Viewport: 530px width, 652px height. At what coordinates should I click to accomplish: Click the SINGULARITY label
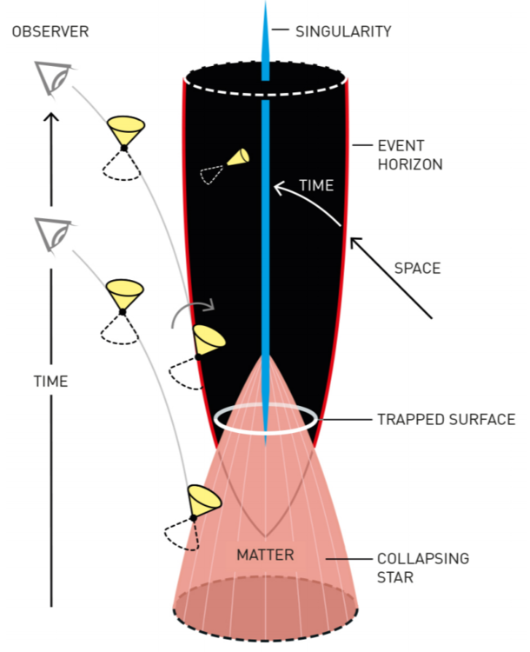[343, 31]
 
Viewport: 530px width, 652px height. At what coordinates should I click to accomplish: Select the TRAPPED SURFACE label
[446, 419]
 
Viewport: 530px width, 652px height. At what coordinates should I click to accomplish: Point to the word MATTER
[266, 555]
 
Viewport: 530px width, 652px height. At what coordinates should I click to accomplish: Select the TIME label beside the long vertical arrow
[50, 381]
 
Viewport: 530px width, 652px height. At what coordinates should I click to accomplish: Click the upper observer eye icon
[54, 78]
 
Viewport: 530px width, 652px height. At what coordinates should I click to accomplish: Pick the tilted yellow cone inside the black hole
[238, 157]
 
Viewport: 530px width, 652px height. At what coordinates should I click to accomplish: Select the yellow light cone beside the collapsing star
[205, 501]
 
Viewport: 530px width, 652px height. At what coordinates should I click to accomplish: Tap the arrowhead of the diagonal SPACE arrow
[354, 241]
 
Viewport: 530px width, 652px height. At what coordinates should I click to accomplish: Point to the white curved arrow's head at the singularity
[276, 185]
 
